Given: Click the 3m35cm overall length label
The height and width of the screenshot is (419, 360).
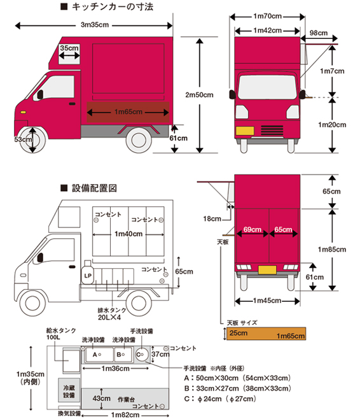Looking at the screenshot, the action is (95, 25).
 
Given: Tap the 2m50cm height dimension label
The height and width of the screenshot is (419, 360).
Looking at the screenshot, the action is (199, 95).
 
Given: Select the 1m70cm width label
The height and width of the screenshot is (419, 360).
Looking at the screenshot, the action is (267, 17).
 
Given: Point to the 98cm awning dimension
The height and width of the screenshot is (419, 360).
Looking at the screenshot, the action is (319, 33).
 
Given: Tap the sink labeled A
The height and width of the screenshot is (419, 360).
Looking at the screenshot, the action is (99, 355).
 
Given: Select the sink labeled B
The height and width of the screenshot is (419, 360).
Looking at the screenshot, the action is (123, 355).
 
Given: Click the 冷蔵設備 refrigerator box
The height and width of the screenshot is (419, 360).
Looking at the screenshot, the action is (69, 390).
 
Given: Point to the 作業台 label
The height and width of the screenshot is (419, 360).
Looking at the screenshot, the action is (126, 399).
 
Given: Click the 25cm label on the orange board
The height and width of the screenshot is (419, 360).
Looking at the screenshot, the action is (239, 333).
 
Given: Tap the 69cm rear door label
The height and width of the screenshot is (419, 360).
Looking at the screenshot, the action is (252, 229).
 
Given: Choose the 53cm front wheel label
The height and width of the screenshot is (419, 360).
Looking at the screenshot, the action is (23, 139).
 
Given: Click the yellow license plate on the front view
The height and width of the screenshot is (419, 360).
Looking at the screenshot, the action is (245, 131).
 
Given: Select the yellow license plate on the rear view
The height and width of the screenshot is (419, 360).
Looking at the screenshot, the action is (267, 270).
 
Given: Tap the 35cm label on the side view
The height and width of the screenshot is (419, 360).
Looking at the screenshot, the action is (69, 48).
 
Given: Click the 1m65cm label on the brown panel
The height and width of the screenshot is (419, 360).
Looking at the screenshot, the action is (128, 111).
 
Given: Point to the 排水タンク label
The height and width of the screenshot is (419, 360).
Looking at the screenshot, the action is (112, 310).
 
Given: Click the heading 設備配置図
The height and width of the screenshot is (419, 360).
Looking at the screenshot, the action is (94, 188).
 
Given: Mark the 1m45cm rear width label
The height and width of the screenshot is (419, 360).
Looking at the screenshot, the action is (267, 301).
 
